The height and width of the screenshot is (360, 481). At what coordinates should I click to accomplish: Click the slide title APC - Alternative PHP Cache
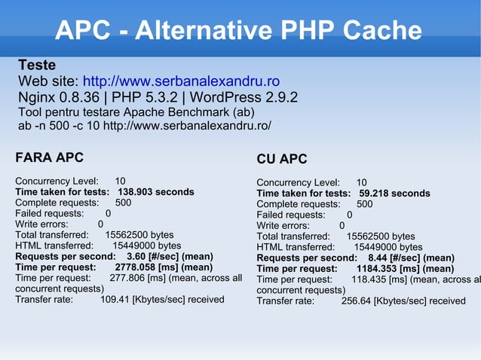[x=238, y=31]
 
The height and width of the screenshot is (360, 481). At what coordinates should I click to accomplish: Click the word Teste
[x=37, y=65]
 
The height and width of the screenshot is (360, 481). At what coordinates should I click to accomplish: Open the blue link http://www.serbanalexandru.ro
[x=181, y=81]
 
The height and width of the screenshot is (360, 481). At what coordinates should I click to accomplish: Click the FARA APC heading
[x=49, y=157]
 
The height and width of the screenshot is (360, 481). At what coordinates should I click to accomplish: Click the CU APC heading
[x=282, y=159]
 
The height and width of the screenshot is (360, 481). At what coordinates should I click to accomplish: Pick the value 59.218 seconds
[x=394, y=194]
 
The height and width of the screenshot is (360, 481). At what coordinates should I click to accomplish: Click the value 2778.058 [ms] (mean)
[x=164, y=267]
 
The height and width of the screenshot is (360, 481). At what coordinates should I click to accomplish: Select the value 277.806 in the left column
[x=127, y=278]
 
